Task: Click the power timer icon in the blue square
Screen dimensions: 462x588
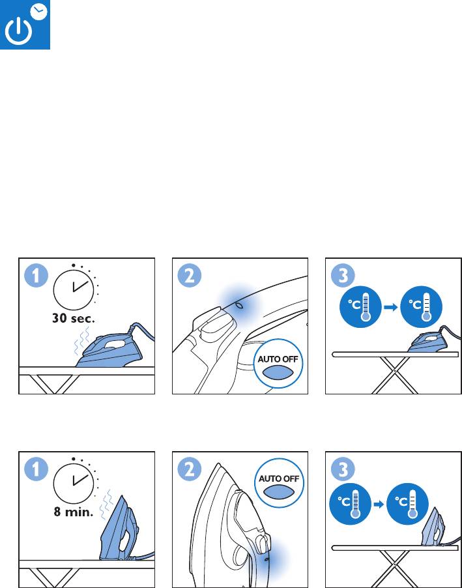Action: (25, 24)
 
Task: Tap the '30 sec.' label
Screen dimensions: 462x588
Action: (74, 318)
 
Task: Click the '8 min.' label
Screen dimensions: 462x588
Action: (74, 512)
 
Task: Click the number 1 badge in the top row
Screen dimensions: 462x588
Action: (36, 276)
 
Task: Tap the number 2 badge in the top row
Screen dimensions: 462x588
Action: (190, 276)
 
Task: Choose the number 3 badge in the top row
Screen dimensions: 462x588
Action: (343, 276)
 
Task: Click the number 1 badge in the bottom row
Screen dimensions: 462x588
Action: (36, 469)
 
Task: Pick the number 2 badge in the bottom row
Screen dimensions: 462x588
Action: (190, 469)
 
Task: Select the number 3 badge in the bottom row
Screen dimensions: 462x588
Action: (343, 469)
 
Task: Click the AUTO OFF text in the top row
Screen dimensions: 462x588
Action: (278, 359)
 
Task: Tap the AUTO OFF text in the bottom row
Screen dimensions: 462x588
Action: (279, 479)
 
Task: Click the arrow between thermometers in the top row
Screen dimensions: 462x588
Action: (391, 307)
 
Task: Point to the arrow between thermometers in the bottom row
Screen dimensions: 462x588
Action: (379, 505)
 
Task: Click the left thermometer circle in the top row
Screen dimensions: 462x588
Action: (360, 306)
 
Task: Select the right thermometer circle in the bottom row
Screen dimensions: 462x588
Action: (407, 504)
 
